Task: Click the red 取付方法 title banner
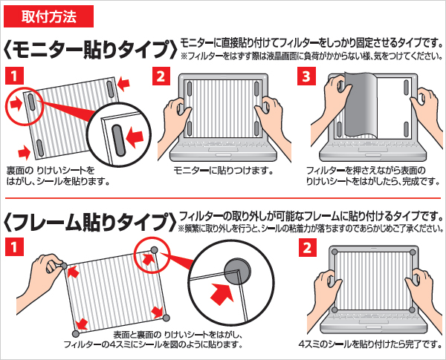[x=48, y=16]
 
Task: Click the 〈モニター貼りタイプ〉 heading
[x=90, y=50]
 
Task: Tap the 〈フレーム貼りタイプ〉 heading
[x=90, y=222]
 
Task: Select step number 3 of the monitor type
[x=306, y=76]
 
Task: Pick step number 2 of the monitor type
[x=161, y=76]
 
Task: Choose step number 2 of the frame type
[x=308, y=247]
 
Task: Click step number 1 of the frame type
[x=14, y=247]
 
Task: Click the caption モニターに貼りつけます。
[x=223, y=171]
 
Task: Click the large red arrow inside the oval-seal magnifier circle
[x=135, y=137]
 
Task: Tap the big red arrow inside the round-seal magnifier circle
[x=222, y=293]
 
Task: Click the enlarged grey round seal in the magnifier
[x=238, y=272]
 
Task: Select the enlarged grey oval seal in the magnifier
[x=119, y=140]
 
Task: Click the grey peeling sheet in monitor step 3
[x=361, y=104]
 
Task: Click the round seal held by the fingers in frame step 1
[x=64, y=266]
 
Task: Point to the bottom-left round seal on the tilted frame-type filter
[x=76, y=333]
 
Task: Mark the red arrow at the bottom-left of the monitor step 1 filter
[x=25, y=153]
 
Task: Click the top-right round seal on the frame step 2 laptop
[x=413, y=252]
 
